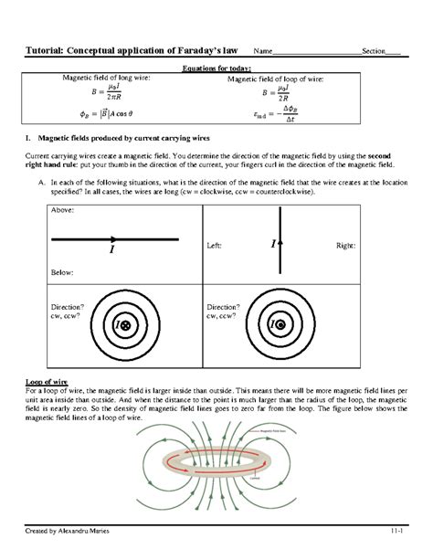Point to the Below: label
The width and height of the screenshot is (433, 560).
63,272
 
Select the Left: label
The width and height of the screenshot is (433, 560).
216,246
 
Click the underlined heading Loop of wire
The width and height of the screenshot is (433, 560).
48,380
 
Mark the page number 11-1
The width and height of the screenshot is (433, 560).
396,530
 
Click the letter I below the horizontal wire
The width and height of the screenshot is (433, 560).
112,248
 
